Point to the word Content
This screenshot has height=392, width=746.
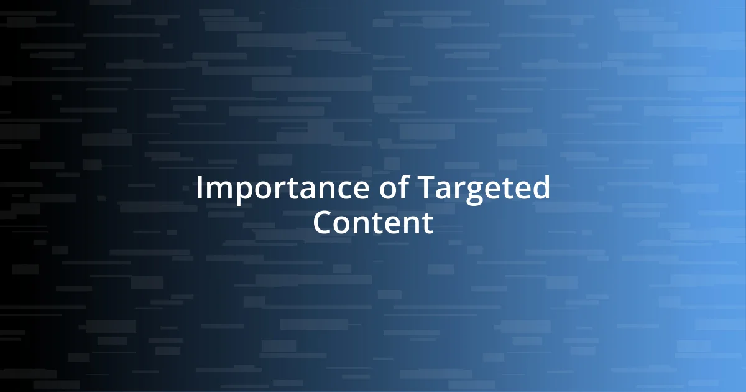tap(372, 223)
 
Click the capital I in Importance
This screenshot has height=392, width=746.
tap(200, 189)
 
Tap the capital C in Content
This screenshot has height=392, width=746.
tap(323, 223)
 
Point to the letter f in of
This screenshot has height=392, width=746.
tap(400, 188)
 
